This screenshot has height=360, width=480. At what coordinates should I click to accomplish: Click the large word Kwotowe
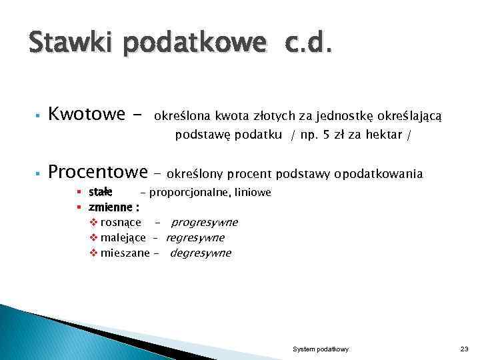click(x=87, y=115)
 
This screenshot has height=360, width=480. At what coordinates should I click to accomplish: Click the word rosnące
click(x=120, y=223)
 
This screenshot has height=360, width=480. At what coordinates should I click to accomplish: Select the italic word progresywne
click(x=204, y=223)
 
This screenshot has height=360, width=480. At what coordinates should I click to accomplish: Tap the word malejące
click(x=123, y=237)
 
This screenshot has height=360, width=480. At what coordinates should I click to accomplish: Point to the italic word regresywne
click(x=195, y=237)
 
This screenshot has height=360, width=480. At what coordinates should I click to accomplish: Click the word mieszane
click(x=125, y=253)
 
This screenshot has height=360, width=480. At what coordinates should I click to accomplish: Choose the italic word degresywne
click(x=201, y=253)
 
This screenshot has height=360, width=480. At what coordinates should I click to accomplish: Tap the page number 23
click(x=464, y=349)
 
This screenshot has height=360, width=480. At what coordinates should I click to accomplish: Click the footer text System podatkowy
click(x=321, y=349)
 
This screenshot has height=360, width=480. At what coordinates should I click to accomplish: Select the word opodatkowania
click(x=378, y=174)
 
